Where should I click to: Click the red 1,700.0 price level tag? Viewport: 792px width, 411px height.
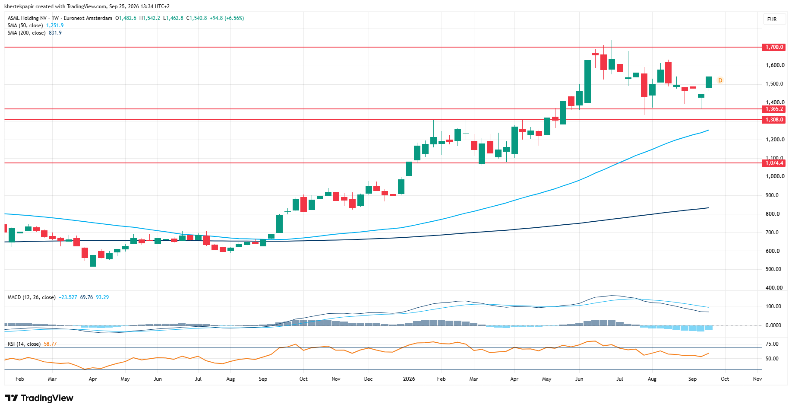point(774,47)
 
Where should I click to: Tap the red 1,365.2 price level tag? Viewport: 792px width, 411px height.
point(774,109)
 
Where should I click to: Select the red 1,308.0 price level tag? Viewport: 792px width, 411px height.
point(774,120)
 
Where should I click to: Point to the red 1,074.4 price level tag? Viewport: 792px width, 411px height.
point(774,163)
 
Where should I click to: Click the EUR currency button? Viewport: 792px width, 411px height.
point(772,19)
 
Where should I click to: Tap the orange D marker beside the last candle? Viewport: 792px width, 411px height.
point(720,80)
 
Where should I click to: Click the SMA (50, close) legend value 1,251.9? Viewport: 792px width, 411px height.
point(55,25)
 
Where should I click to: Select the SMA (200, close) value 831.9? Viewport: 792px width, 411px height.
point(55,33)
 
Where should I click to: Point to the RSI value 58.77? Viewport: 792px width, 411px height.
point(50,344)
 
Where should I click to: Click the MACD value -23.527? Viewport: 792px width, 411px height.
point(68,297)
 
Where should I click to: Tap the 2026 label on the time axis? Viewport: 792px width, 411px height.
point(409,379)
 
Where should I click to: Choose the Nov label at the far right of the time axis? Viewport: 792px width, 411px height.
point(757,379)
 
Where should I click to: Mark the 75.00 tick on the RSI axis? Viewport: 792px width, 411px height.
point(772,344)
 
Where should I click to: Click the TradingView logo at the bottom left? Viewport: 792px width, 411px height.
point(39,398)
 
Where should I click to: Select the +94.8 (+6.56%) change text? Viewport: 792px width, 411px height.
point(227,18)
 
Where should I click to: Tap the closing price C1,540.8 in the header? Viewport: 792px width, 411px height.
point(196,18)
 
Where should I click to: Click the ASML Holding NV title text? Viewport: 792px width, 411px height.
point(27,18)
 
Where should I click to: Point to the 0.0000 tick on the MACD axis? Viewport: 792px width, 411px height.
point(773,325)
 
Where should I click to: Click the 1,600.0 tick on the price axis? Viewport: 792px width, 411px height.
point(775,65)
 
